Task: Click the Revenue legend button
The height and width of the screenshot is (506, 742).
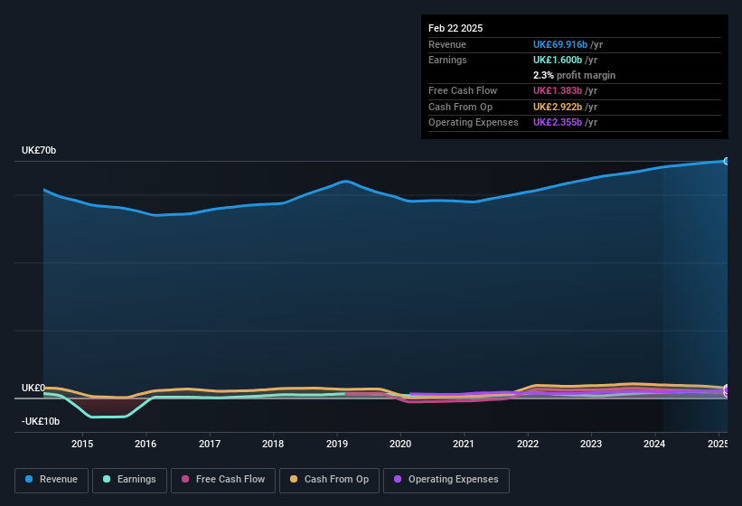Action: [52, 480]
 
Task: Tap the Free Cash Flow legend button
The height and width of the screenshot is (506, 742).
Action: [223, 480]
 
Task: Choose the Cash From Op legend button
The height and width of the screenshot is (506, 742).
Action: [329, 480]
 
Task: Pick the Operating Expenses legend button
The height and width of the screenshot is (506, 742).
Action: [446, 480]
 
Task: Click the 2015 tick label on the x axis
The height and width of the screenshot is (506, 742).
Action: [82, 444]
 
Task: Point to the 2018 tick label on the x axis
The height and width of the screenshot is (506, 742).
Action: [273, 444]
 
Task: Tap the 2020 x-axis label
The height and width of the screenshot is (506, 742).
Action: [400, 444]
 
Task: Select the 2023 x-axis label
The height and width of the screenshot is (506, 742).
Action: [591, 444]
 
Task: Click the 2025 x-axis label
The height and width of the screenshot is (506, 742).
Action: [718, 444]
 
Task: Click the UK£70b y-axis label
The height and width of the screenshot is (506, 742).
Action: [39, 151]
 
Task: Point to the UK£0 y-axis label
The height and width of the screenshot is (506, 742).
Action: [33, 388]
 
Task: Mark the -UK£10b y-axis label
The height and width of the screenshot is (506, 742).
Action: [41, 422]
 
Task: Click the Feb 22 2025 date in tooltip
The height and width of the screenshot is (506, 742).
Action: [456, 28]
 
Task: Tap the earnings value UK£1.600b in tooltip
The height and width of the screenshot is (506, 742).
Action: [554, 60]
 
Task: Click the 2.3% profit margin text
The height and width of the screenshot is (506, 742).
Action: [574, 75]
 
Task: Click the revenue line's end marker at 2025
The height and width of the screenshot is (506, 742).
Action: [727, 161]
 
